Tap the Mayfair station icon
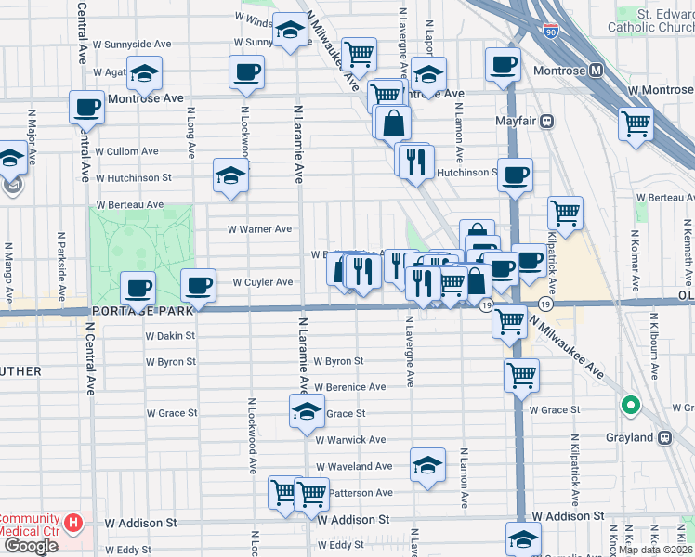click(548, 120)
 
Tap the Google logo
click(31, 546)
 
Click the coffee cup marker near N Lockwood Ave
click(246, 71)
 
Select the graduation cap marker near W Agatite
click(144, 74)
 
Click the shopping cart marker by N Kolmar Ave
click(636, 122)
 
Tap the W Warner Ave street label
click(260, 229)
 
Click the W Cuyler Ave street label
click(262, 282)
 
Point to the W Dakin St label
click(170, 336)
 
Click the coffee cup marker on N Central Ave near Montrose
click(86, 106)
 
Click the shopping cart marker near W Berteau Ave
click(565, 213)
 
